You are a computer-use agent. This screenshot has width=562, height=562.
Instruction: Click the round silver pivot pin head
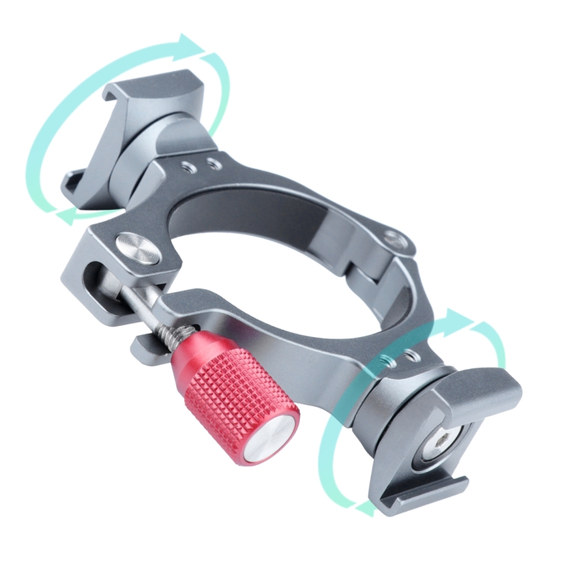click(138, 250)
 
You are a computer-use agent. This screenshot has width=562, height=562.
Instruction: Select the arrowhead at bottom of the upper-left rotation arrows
click(69, 217)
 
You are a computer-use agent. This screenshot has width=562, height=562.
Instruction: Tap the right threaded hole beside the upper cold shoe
click(214, 163)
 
